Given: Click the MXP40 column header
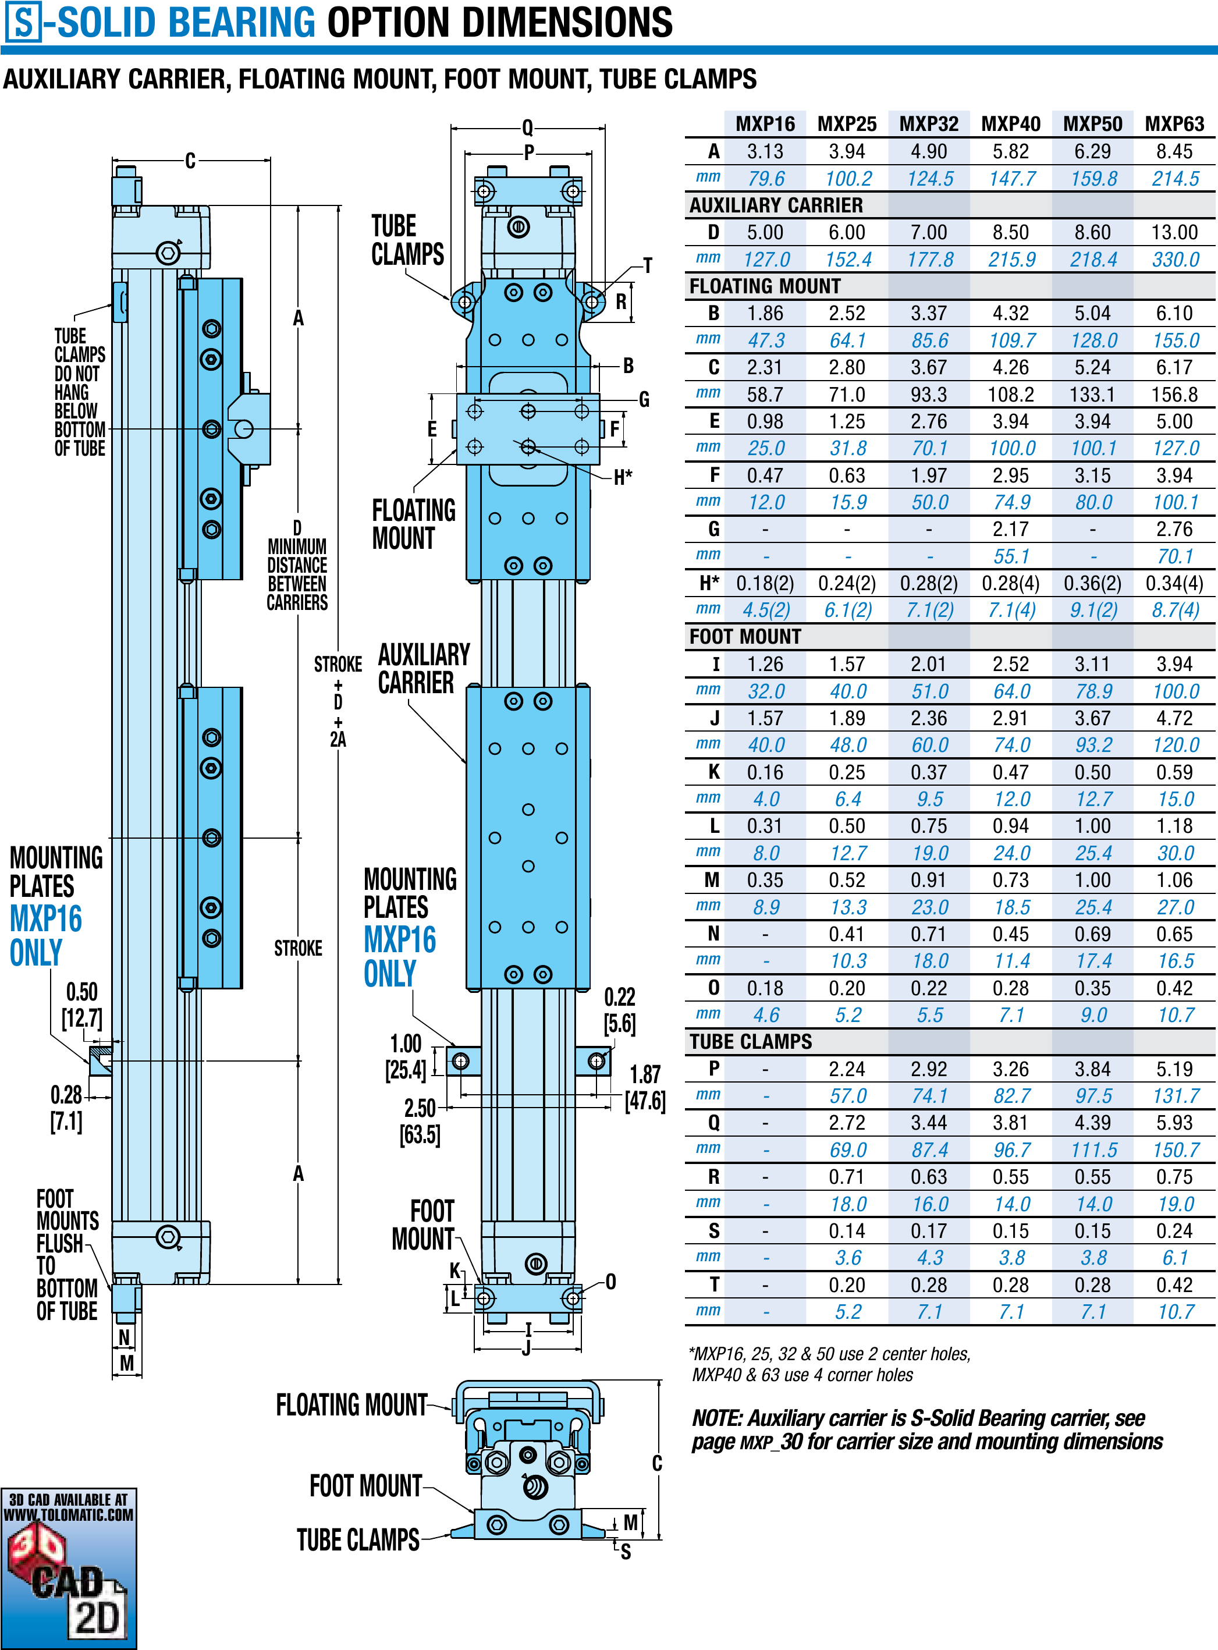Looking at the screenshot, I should click(x=1010, y=124).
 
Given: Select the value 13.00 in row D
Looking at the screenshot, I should click(x=1174, y=232).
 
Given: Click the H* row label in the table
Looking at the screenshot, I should click(x=709, y=583).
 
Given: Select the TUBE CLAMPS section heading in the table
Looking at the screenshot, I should click(x=751, y=1042).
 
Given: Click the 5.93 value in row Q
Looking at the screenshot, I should click(x=1174, y=1123).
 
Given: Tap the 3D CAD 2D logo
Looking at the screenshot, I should click(x=69, y=1567).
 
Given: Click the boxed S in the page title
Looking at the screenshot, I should click(x=24, y=22).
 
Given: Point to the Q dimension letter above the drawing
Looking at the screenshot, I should click(x=528, y=127).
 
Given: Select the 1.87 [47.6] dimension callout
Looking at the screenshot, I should click(x=646, y=1087).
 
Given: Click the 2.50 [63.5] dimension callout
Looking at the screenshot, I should click(x=420, y=1120).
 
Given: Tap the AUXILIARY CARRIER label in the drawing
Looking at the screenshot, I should click(x=423, y=669).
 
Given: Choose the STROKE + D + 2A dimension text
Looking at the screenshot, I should click(x=338, y=700).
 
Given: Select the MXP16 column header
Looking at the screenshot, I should click(x=765, y=124).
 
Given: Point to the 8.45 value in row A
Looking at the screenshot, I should click(x=1174, y=152).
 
